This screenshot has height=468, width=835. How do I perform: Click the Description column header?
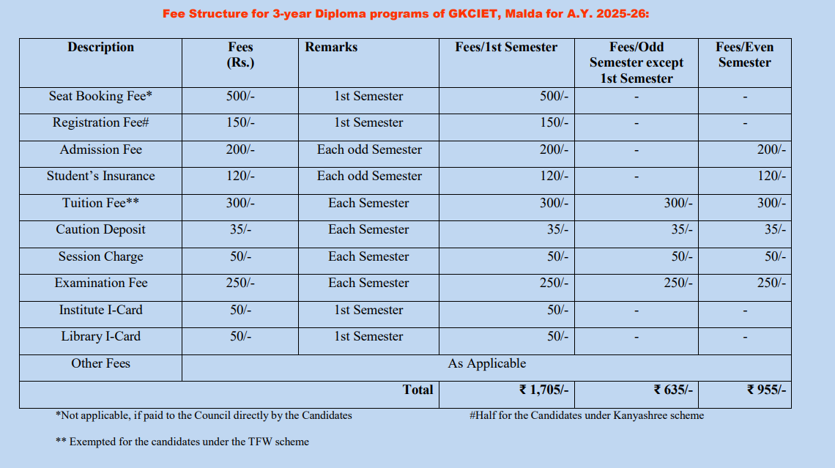[x=100, y=47]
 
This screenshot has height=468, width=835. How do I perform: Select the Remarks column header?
[x=331, y=47]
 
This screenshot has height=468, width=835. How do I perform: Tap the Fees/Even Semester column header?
[x=744, y=55]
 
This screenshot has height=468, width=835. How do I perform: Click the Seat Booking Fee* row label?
[x=100, y=96]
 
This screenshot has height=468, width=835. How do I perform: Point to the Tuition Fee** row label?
[x=100, y=203]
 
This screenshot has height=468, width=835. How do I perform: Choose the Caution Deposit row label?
[x=100, y=229]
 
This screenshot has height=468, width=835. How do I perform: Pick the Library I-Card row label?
[x=100, y=336]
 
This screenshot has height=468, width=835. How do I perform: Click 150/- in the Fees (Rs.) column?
[x=240, y=122]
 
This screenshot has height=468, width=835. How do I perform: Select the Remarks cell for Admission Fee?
[x=369, y=149]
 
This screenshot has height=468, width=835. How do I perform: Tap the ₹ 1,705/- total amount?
[x=543, y=390]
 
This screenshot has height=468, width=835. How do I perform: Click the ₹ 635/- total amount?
[x=673, y=390]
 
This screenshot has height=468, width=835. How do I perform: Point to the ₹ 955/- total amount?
[x=766, y=390]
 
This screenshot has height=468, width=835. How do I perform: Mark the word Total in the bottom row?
[x=417, y=390]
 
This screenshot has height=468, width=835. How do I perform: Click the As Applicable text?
[x=486, y=363]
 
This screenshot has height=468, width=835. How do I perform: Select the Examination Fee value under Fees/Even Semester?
[x=771, y=283]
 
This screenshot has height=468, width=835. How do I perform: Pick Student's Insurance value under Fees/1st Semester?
[x=554, y=176]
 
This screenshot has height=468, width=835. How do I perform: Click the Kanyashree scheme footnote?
[x=586, y=415]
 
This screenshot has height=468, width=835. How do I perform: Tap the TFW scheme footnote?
[x=182, y=442]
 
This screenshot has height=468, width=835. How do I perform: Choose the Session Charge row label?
[x=100, y=256]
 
